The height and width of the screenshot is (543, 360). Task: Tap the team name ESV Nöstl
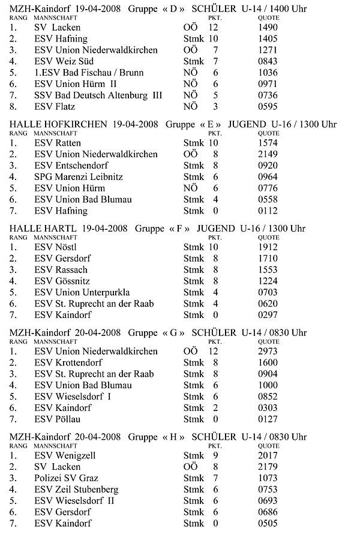click(x=55, y=247)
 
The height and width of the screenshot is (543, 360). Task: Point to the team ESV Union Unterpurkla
click(x=78, y=292)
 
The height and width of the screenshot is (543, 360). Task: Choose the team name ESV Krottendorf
click(x=68, y=362)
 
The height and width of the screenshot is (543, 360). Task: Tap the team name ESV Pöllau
click(x=57, y=419)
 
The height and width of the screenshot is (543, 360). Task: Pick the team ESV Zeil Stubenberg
click(x=76, y=490)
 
